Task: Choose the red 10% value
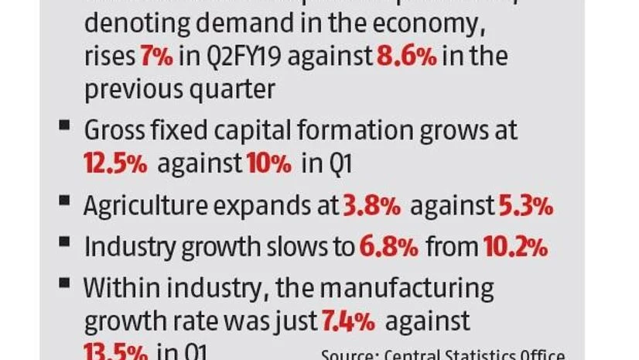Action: click(269, 163)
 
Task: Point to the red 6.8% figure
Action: click(388, 248)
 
